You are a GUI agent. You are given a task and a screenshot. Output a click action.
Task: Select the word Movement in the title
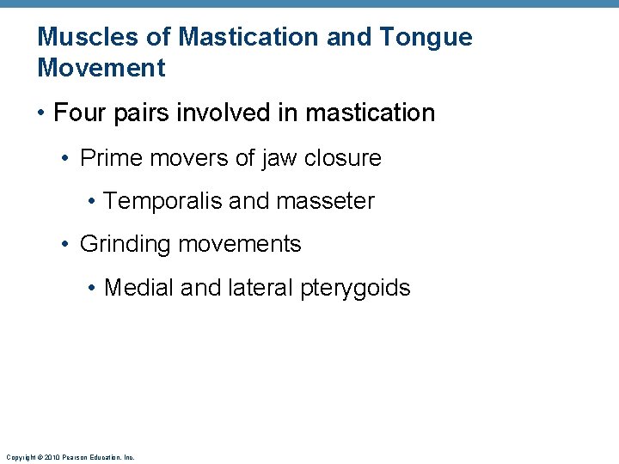tap(101, 67)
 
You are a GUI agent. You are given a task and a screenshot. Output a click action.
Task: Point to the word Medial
tap(139, 288)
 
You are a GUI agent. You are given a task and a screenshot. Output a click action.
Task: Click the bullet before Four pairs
tap(41, 113)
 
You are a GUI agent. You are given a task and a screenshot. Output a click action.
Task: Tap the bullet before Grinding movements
tap(66, 245)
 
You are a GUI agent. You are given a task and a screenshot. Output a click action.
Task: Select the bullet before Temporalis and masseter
tap(91, 202)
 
